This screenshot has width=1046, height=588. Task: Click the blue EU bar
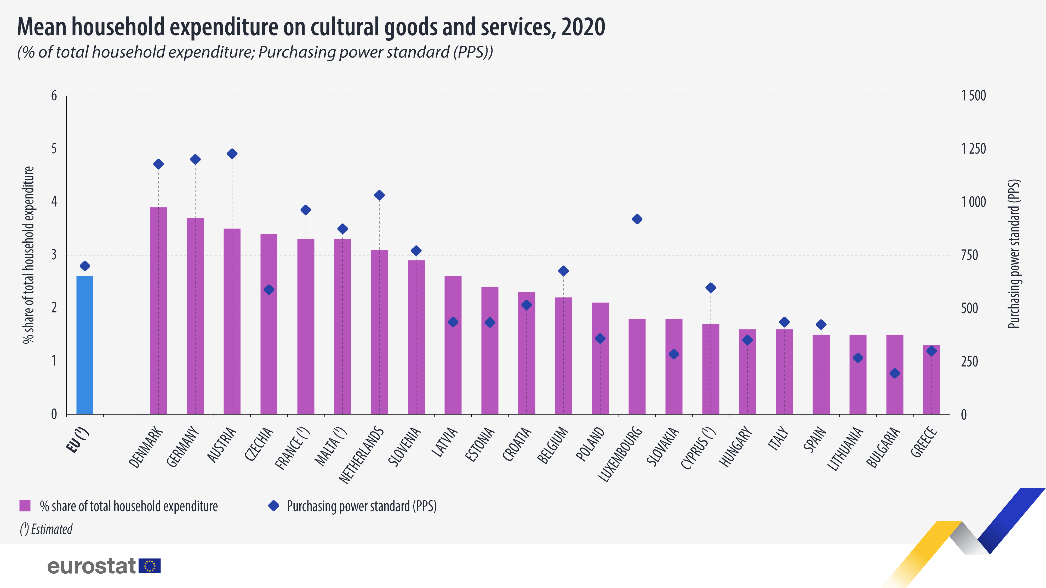click(x=84, y=345)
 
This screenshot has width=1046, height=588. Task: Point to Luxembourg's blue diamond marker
click(x=637, y=219)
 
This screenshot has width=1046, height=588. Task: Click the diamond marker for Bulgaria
click(x=895, y=373)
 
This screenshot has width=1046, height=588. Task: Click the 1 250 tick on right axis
click(x=973, y=149)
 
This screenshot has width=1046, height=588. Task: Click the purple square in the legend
click(x=25, y=506)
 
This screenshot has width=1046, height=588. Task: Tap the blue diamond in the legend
click(x=274, y=506)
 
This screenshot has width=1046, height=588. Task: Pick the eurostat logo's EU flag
click(x=150, y=566)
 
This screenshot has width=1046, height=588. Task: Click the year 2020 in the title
click(x=583, y=27)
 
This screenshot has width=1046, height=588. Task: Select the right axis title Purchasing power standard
click(x=1014, y=254)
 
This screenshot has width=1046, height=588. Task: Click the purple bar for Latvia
click(x=453, y=345)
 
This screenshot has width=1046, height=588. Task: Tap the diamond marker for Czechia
click(x=269, y=290)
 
